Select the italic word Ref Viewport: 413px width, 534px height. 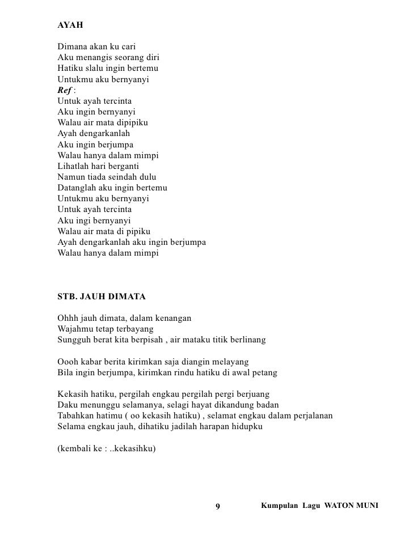click(x=65, y=91)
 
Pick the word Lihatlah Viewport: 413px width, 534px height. click(x=74, y=167)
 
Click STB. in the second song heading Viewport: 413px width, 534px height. click(x=68, y=296)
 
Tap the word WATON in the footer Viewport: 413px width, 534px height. click(x=339, y=505)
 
